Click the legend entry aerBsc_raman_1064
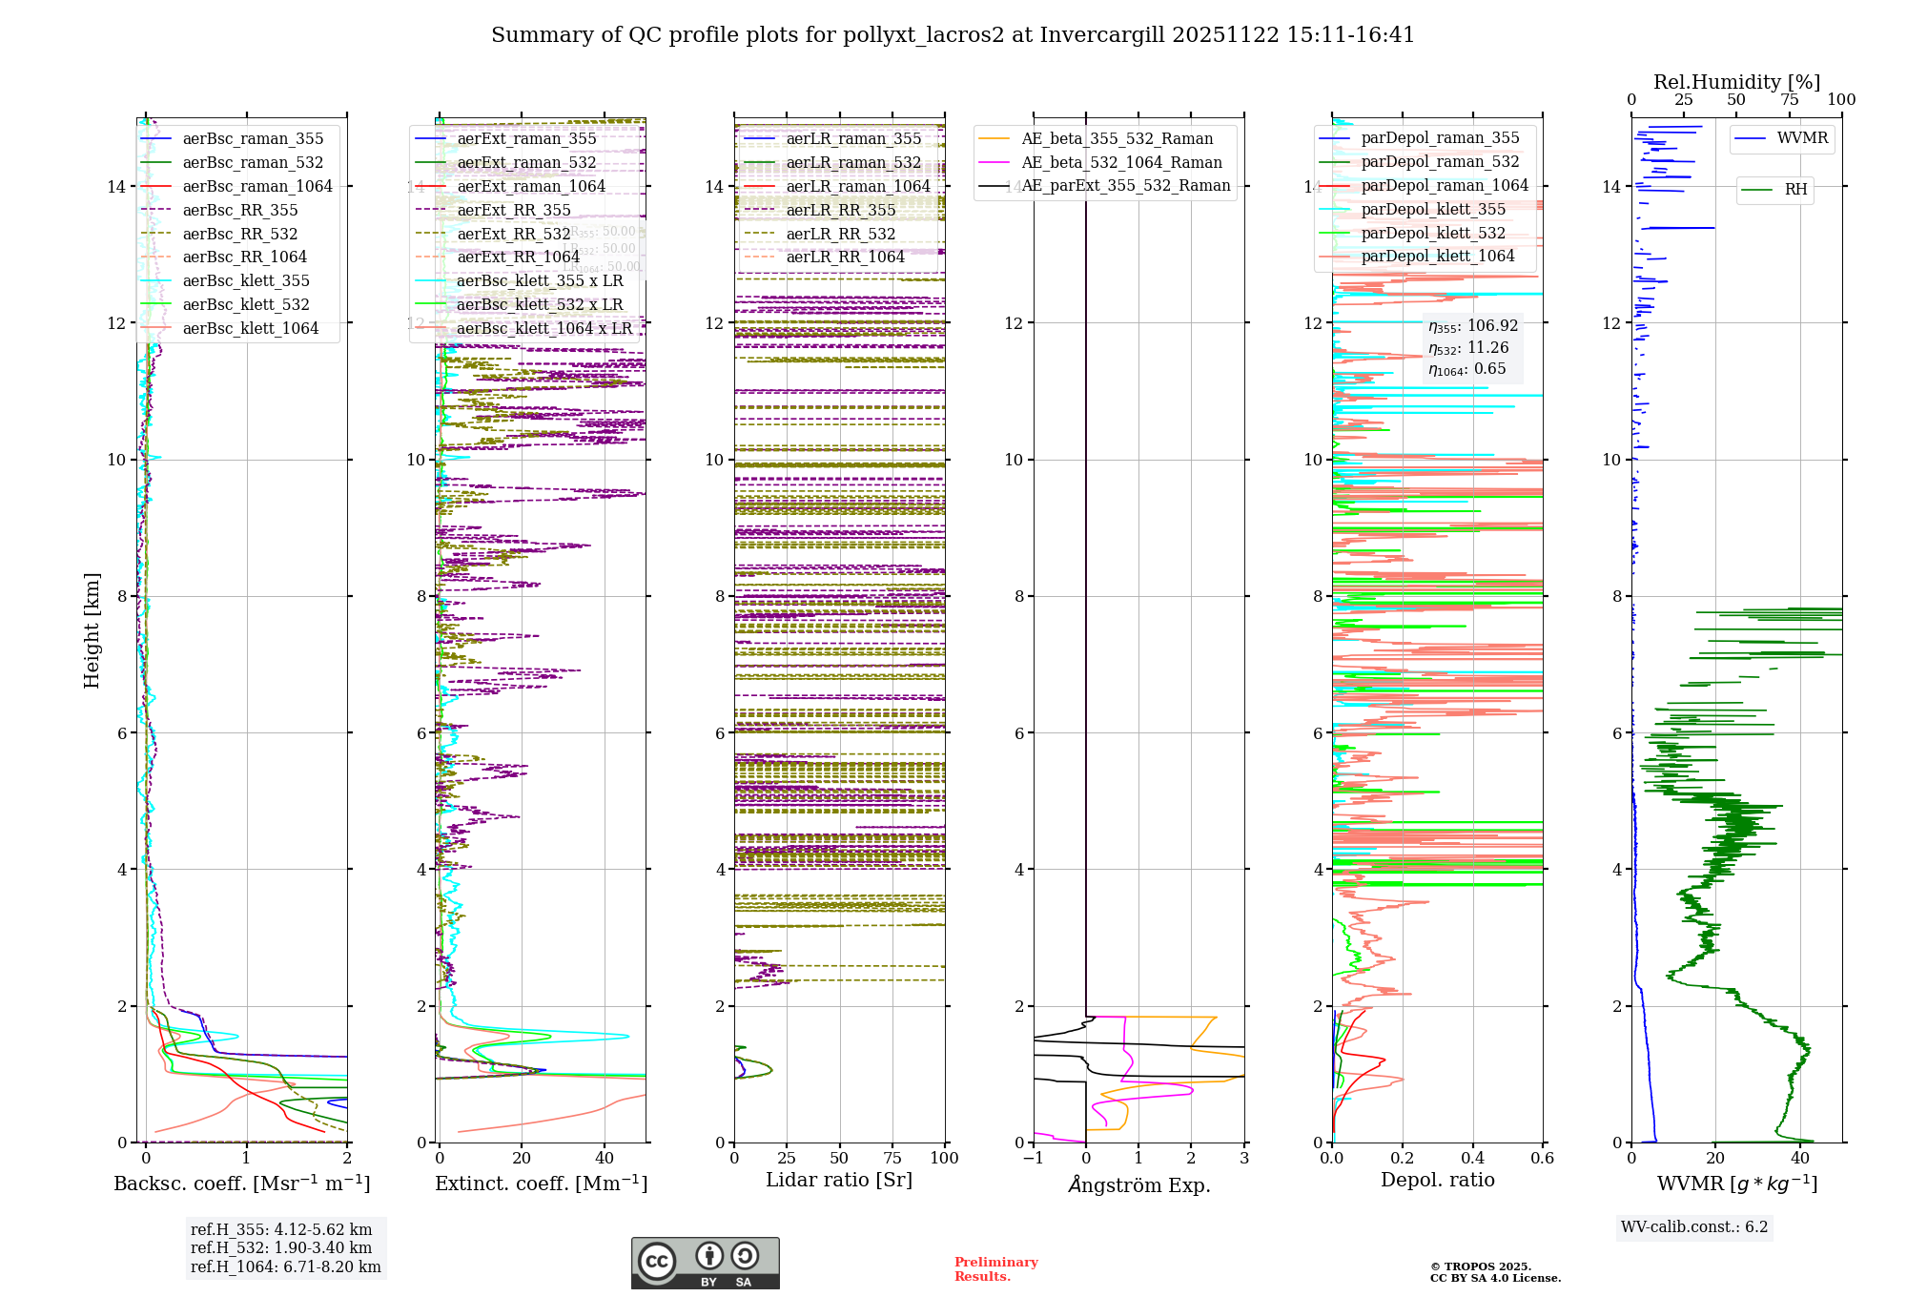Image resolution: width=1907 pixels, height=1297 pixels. click(x=257, y=186)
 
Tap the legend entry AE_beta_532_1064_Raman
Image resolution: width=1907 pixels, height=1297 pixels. click(x=1121, y=162)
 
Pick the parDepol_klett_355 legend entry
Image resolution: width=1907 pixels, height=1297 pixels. click(x=1433, y=209)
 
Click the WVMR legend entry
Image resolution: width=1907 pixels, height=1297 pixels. click(x=1802, y=138)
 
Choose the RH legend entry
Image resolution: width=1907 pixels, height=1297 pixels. click(x=1795, y=189)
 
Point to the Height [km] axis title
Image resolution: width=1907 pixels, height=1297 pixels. click(x=92, y=629)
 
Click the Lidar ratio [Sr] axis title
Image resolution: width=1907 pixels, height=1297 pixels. click(x=839, y=1180)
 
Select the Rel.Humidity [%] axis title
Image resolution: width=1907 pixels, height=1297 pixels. click(x=1736, y=82)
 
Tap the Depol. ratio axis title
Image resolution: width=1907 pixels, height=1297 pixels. click(x=1437, y=1180)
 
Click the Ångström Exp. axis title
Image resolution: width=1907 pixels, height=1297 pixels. click(x=1138, y=1184)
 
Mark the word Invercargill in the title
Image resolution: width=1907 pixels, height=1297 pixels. click(x=1101, y=35)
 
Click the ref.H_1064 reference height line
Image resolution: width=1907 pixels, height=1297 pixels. click(x=285, y=1266)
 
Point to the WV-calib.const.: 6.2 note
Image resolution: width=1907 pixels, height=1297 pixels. click(x=1693, y=1226)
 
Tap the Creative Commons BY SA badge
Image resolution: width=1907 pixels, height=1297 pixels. click(x=705, y=1263)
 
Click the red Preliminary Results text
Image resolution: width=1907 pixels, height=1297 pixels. click(x=995, y=1268)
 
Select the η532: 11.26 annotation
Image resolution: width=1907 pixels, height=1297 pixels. click(x=1468, y=348)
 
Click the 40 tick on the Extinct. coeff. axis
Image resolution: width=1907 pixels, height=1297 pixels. click(x=605, y=1158)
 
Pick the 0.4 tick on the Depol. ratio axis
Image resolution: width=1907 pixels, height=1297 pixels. click(x=1472, y=1158)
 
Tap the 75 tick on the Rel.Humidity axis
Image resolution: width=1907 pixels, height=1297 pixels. click(x=1789, y=99)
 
